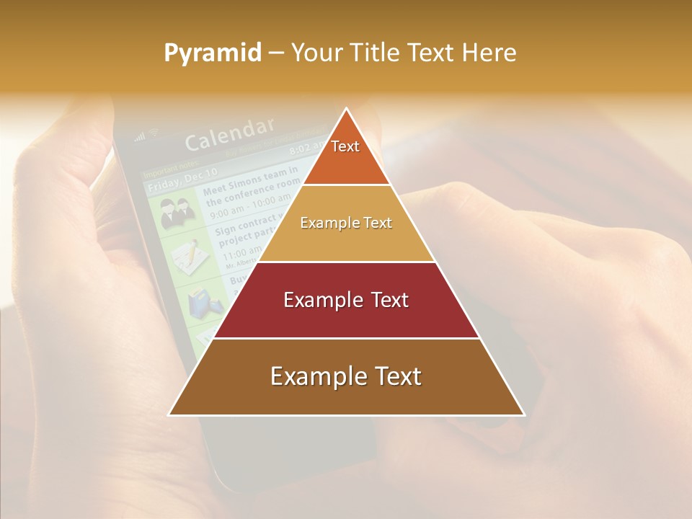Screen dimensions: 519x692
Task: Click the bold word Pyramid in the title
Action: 213,53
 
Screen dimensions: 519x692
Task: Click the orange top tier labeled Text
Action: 346,155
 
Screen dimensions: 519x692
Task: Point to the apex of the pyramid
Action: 347,110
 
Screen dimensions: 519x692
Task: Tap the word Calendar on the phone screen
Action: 229,134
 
